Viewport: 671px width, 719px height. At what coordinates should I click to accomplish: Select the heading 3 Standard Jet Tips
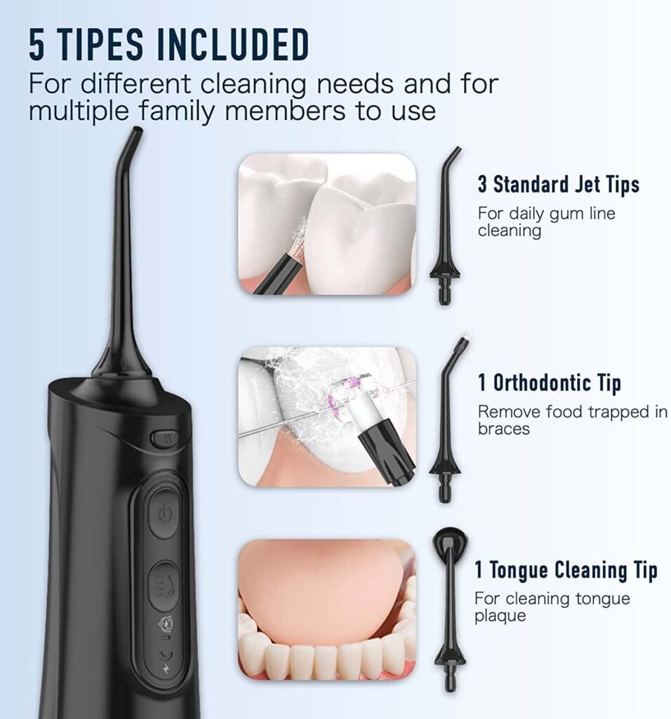point(558,185)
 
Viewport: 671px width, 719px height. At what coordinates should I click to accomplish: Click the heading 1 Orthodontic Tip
point(549,383)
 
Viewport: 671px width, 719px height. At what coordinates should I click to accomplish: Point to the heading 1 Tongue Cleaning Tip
point(566,570)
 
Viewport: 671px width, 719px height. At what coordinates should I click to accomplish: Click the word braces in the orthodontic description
point(503,429)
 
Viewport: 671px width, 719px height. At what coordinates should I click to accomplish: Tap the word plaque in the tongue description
point(500,616)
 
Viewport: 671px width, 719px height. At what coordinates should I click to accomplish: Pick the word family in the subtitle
point(176,112)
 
